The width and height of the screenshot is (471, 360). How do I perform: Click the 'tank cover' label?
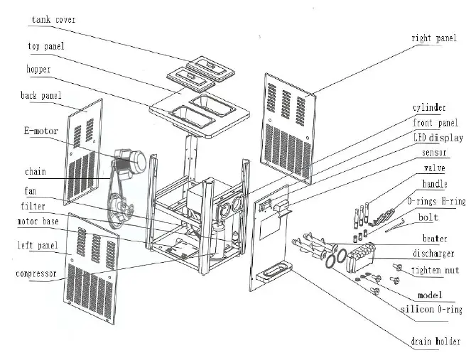(53, 20)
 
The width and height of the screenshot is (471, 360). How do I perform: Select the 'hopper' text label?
(38, 70)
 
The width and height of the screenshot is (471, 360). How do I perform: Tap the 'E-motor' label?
(41, 131)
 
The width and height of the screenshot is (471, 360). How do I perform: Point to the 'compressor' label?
(36, 274)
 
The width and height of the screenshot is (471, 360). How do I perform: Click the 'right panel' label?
(434, 38)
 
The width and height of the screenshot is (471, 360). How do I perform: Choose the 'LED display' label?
(438, 138)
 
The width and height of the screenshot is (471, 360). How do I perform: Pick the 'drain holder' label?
(435, 342)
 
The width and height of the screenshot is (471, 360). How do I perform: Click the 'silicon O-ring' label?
(431, 310)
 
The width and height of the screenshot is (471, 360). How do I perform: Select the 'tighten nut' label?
(435, 271)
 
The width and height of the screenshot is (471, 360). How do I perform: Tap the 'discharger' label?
(433, 253)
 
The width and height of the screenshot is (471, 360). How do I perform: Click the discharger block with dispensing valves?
(360, 257)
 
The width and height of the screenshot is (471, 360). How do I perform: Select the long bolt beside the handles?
(395, 226)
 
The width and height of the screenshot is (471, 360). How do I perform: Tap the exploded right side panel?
(289, 129)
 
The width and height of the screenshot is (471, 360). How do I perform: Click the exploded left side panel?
(92, 268)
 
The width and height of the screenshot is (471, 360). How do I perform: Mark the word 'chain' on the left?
(36, 172)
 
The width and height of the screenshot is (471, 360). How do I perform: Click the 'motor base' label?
(38, 222)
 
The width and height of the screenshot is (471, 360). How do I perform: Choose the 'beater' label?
(435, 239)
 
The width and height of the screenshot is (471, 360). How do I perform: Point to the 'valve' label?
(434, 168)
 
